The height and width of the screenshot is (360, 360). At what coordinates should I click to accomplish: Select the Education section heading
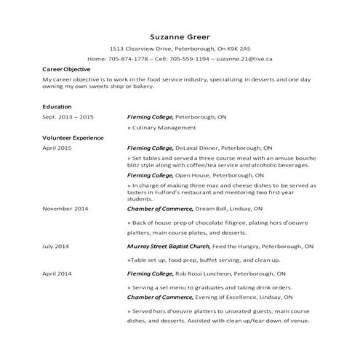click(57, 106)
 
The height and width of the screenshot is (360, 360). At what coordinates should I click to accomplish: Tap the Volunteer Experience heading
click(73, 137)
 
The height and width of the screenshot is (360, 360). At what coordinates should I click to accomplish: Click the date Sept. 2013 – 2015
click(68, 116)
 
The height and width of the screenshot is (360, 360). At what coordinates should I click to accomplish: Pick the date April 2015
click(57, 147)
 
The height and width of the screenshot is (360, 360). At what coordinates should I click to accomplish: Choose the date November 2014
click(65, 209)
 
